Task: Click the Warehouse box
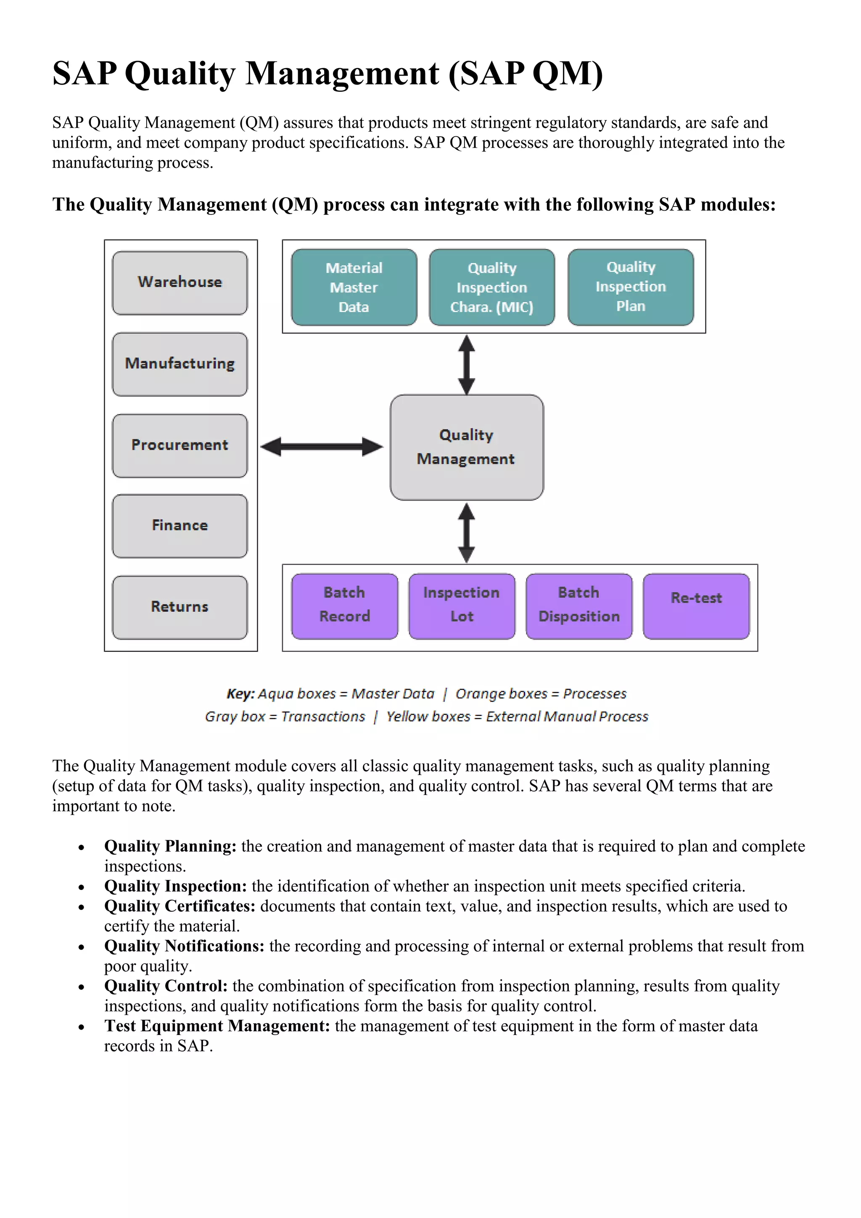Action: pos(180,283)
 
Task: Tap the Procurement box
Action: pos(180,446)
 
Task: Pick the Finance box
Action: pos(180,526)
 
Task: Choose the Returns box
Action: pos(180,607)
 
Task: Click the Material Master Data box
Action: pos(354,288)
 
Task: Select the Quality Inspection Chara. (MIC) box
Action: pos(492,288)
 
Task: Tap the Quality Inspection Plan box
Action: pos(630,287)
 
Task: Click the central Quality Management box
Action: pos(467,447)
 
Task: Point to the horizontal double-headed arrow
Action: pos(321,447)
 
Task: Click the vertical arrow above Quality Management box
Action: pos(467,365)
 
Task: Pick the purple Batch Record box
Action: pos(345,606)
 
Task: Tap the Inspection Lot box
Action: pos(462,606)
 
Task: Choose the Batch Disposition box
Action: pos(579,606)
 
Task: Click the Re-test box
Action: pos(696,606)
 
